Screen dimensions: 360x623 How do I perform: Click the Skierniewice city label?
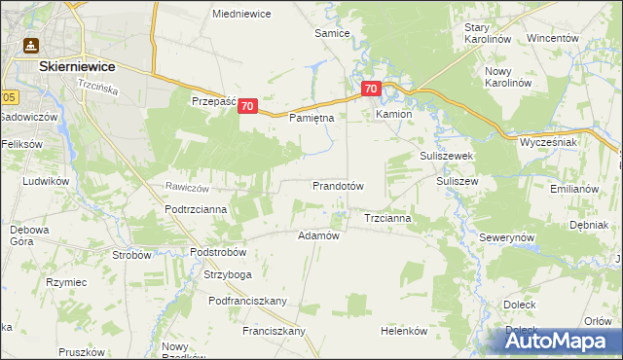[77, 66]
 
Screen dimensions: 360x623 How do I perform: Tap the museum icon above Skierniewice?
[30, 45]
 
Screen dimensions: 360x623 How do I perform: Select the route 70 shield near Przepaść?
[247, 106]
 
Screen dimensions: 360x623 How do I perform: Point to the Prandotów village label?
[338, 185]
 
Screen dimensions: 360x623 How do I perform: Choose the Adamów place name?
[317, 235]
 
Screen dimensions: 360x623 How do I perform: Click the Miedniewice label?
[241, 14]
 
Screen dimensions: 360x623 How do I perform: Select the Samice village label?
[332, 32]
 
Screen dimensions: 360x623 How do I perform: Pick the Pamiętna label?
[311, 118]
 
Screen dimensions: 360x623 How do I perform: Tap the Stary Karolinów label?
[489, 34]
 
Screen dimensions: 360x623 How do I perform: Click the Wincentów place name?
[553, 38]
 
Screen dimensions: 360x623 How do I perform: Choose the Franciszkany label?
[275, 331]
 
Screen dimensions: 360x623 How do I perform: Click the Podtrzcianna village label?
[196, 208]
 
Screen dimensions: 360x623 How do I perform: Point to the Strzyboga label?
[226, 275]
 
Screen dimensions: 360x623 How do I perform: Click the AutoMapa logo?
[559, 339]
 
